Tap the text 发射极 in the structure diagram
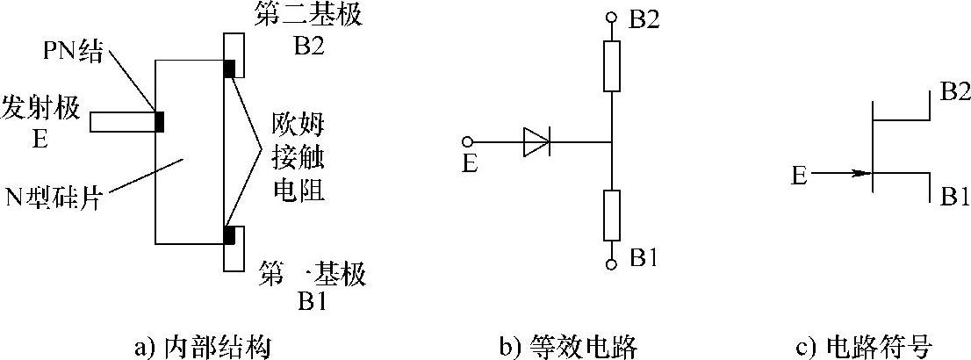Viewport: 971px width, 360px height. pos(43,108)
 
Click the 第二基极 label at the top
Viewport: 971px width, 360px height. pos(297,17)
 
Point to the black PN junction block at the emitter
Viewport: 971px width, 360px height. pos(159,121)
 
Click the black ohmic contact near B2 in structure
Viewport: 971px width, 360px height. pos(229,68)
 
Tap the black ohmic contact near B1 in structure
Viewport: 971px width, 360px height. pos(229,235)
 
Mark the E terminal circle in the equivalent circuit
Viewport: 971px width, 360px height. pos(469,141)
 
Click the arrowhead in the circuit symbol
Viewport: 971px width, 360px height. pos(864,173)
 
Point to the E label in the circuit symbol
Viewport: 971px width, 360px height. pos(798,176)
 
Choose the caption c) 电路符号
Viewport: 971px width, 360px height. pos(862,343)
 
